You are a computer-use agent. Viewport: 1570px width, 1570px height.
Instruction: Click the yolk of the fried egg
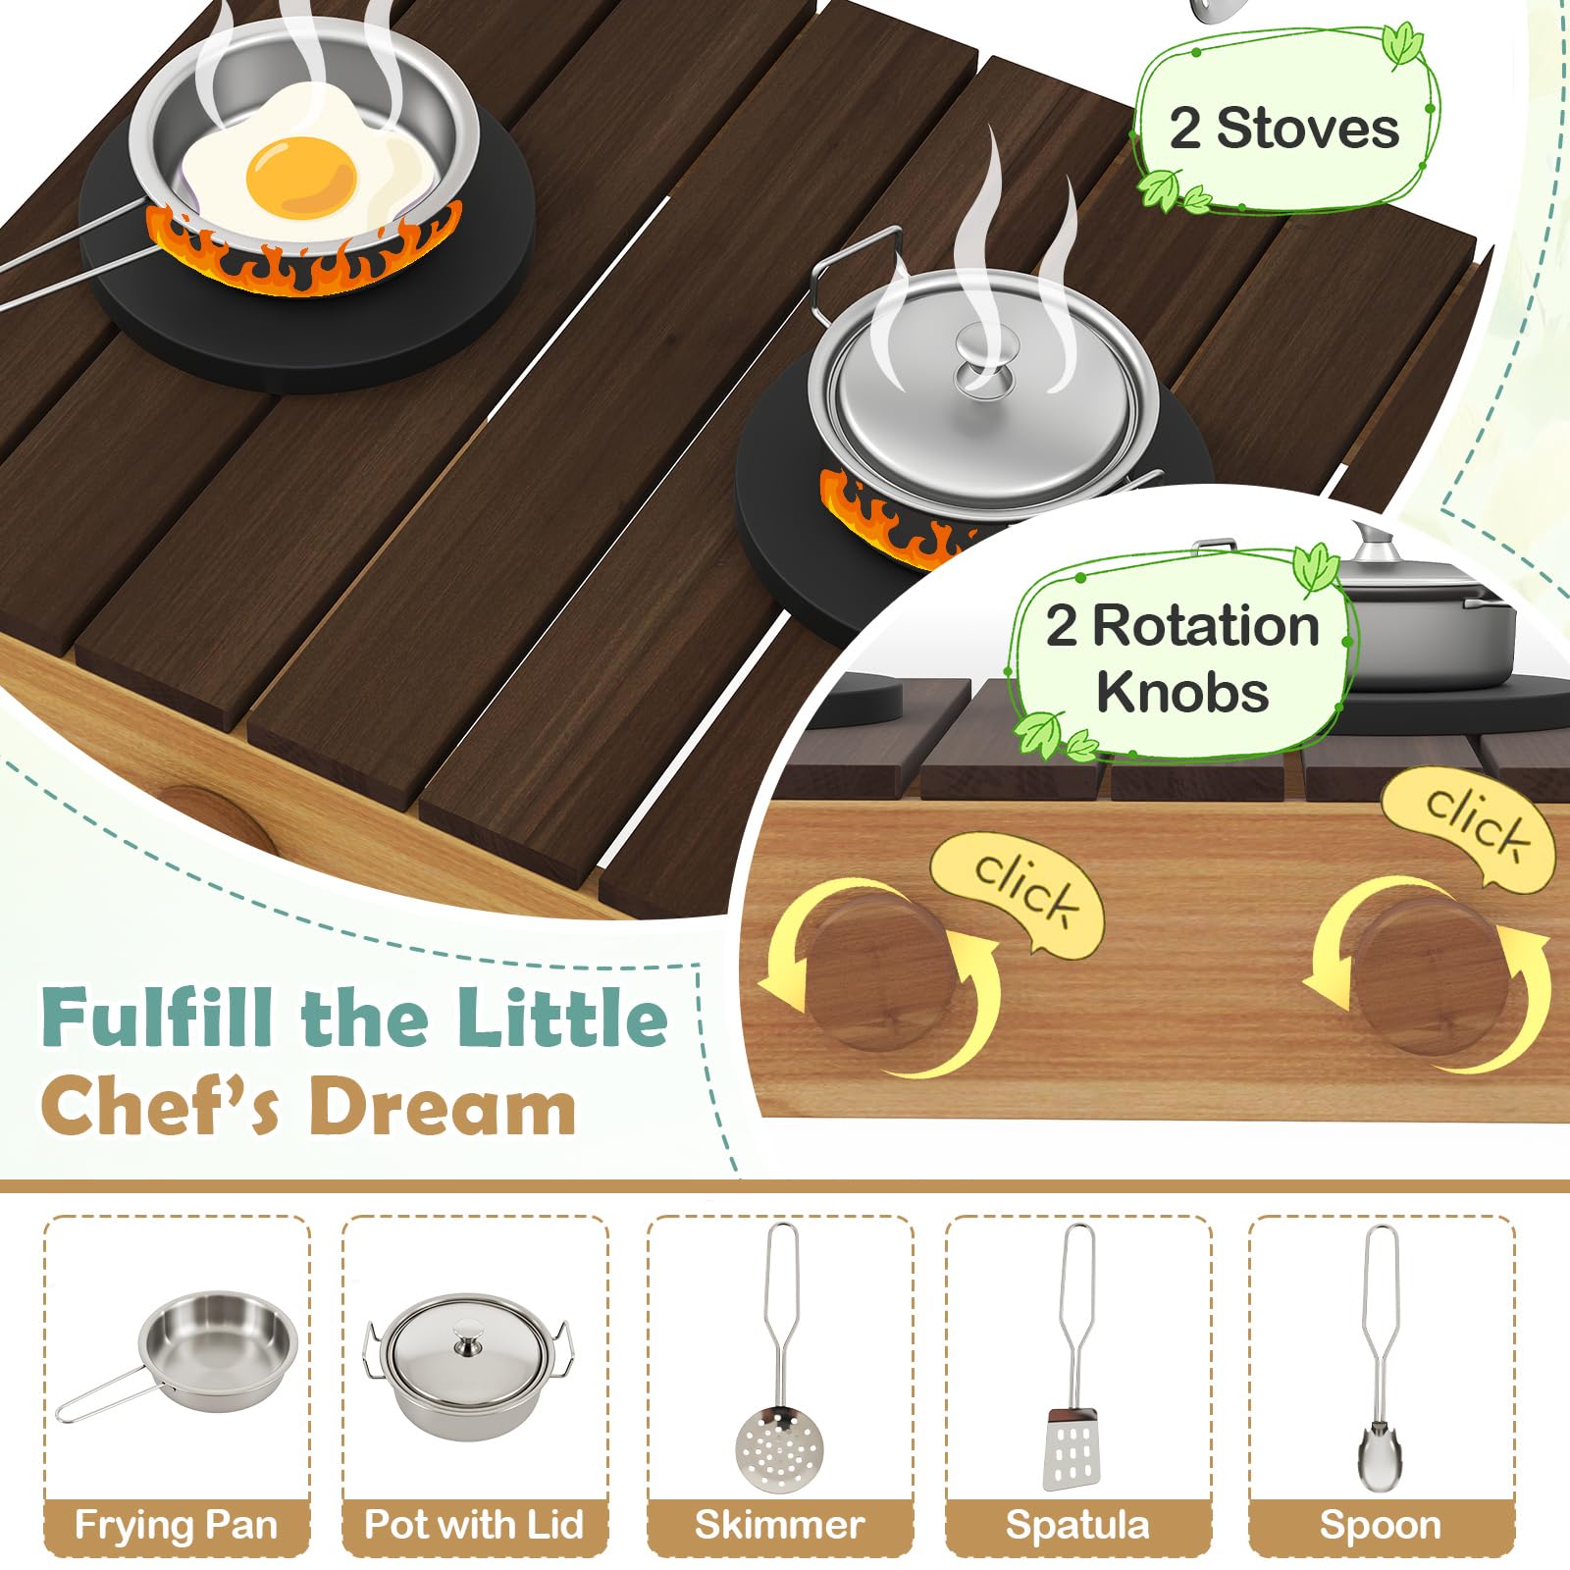(x=301, y=178)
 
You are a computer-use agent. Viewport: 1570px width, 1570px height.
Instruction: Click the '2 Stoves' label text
(x=1284, y=129)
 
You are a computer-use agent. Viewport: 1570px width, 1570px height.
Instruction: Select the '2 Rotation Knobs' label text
(x=1182, y=658)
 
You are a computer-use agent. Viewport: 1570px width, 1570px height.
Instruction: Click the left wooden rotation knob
(x=876, y=971)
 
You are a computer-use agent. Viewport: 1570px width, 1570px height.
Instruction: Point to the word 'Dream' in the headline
(x=443, y=1106)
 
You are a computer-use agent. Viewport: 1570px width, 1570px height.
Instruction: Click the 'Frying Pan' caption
(x=177, y=1525)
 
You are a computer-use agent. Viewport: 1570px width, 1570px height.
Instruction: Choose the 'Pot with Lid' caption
(x=474, y=1524)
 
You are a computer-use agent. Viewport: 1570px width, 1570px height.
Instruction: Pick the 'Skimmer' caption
(x=780, y=1525)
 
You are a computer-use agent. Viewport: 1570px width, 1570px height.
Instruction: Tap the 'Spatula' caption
(x=1077, y=1525)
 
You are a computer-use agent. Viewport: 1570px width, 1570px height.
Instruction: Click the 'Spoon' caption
(x=1381, y=1525)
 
